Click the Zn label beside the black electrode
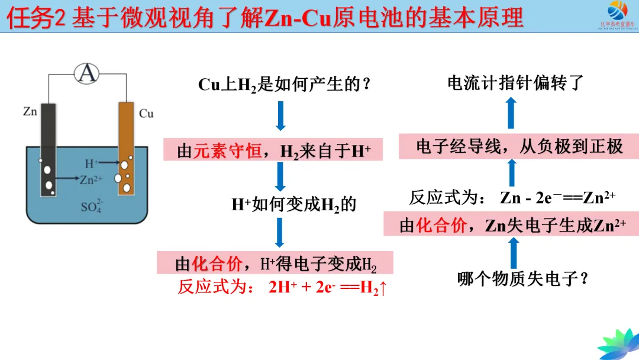point(30,111)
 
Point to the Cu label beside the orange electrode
point(146,113)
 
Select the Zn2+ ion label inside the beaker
point(91,179)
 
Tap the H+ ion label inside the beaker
point(92,163)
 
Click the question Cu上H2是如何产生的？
point(285,85)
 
